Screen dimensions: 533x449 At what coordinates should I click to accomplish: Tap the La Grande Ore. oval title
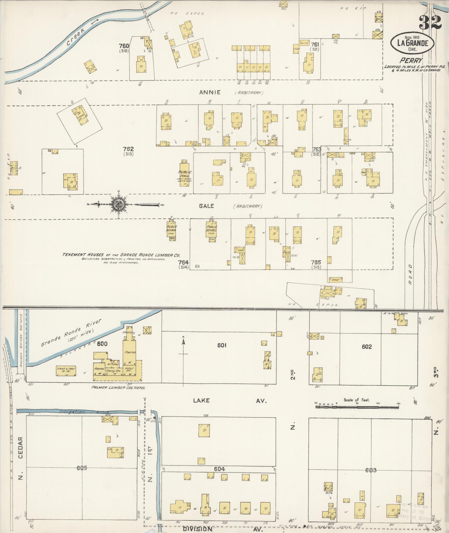point(413,43)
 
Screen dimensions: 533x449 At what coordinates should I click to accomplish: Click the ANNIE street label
point(210,93)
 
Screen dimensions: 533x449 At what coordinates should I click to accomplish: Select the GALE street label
point(206,206)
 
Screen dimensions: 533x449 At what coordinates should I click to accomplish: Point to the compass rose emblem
point(119,205)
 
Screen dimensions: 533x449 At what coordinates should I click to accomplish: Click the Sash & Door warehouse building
point(66,371)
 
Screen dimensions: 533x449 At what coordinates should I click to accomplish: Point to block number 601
point(222,345)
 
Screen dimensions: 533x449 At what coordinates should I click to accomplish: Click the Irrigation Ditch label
point(84,412)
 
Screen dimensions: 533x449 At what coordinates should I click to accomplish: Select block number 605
point(82,468)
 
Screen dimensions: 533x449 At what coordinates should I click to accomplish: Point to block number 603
point(371,470)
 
